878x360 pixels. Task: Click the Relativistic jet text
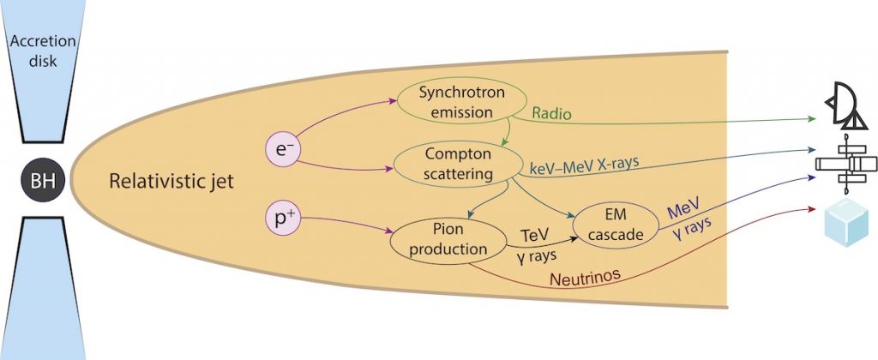(x=171, y=183)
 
